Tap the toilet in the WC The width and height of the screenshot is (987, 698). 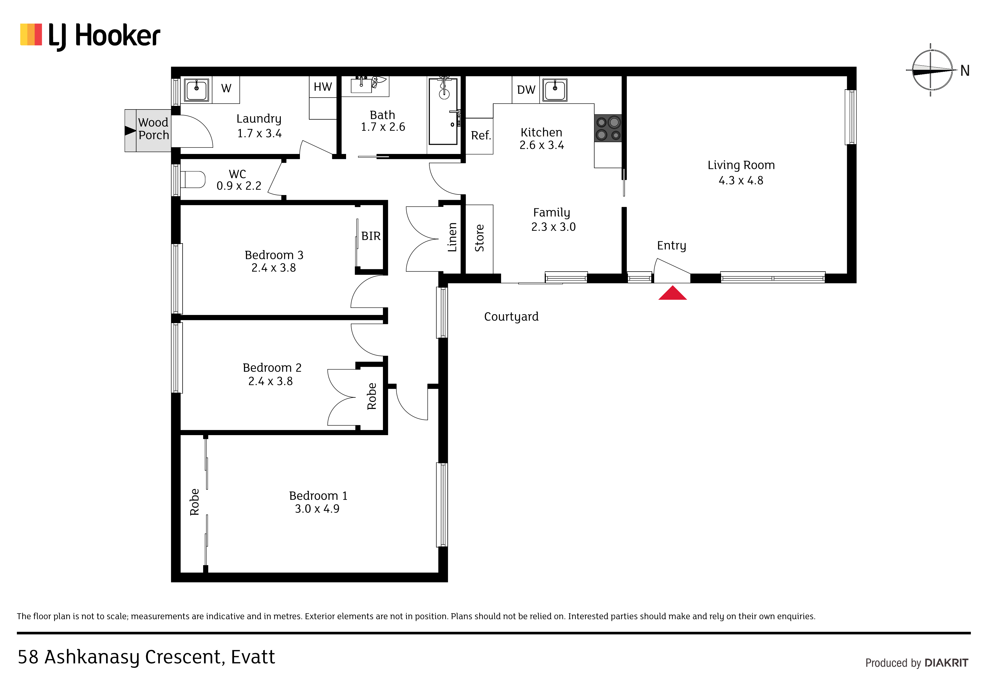[x=192, y=179]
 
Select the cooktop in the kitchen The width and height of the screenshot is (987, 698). [x=608, y=128]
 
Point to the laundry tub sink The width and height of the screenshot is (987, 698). [x=196, y=90]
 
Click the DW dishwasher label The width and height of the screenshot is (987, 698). [x=526, y=90]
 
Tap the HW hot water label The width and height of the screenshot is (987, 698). [x=323, y=87]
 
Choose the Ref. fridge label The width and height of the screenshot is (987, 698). [x=481, y=135]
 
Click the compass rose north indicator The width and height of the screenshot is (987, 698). [x=931, y=70]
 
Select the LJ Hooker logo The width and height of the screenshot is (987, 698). [x=90, y=36]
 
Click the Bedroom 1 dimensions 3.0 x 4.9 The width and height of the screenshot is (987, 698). [x=317, y=509]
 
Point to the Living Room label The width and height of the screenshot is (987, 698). [x=741, y=165]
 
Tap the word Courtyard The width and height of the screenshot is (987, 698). [x=511, y=317]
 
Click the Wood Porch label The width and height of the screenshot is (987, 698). [x=153, y=129]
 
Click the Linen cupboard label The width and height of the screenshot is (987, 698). [x=452, y=237]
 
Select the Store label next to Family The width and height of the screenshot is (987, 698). [x=479, y=238]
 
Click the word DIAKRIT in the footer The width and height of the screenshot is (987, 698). [x=946, y=663]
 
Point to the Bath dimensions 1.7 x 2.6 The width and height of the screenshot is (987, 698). [x=383, y=127]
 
